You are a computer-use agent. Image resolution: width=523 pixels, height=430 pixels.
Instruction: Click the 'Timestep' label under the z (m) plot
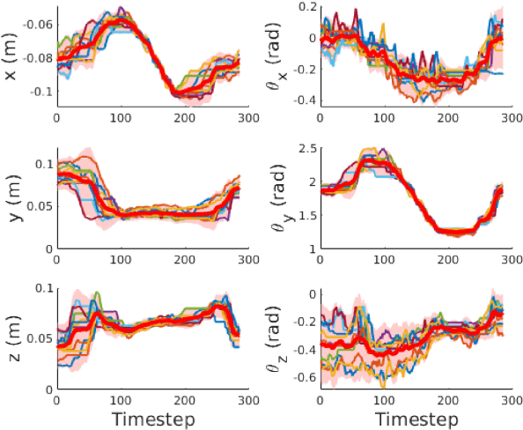pos(153,415)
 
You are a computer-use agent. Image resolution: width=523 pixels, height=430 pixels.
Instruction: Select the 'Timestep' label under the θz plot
pos(416,415)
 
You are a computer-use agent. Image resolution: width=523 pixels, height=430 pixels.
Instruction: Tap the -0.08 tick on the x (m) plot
pos(38,58)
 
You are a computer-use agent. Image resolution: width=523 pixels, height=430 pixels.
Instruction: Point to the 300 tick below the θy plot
pos(512,259)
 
